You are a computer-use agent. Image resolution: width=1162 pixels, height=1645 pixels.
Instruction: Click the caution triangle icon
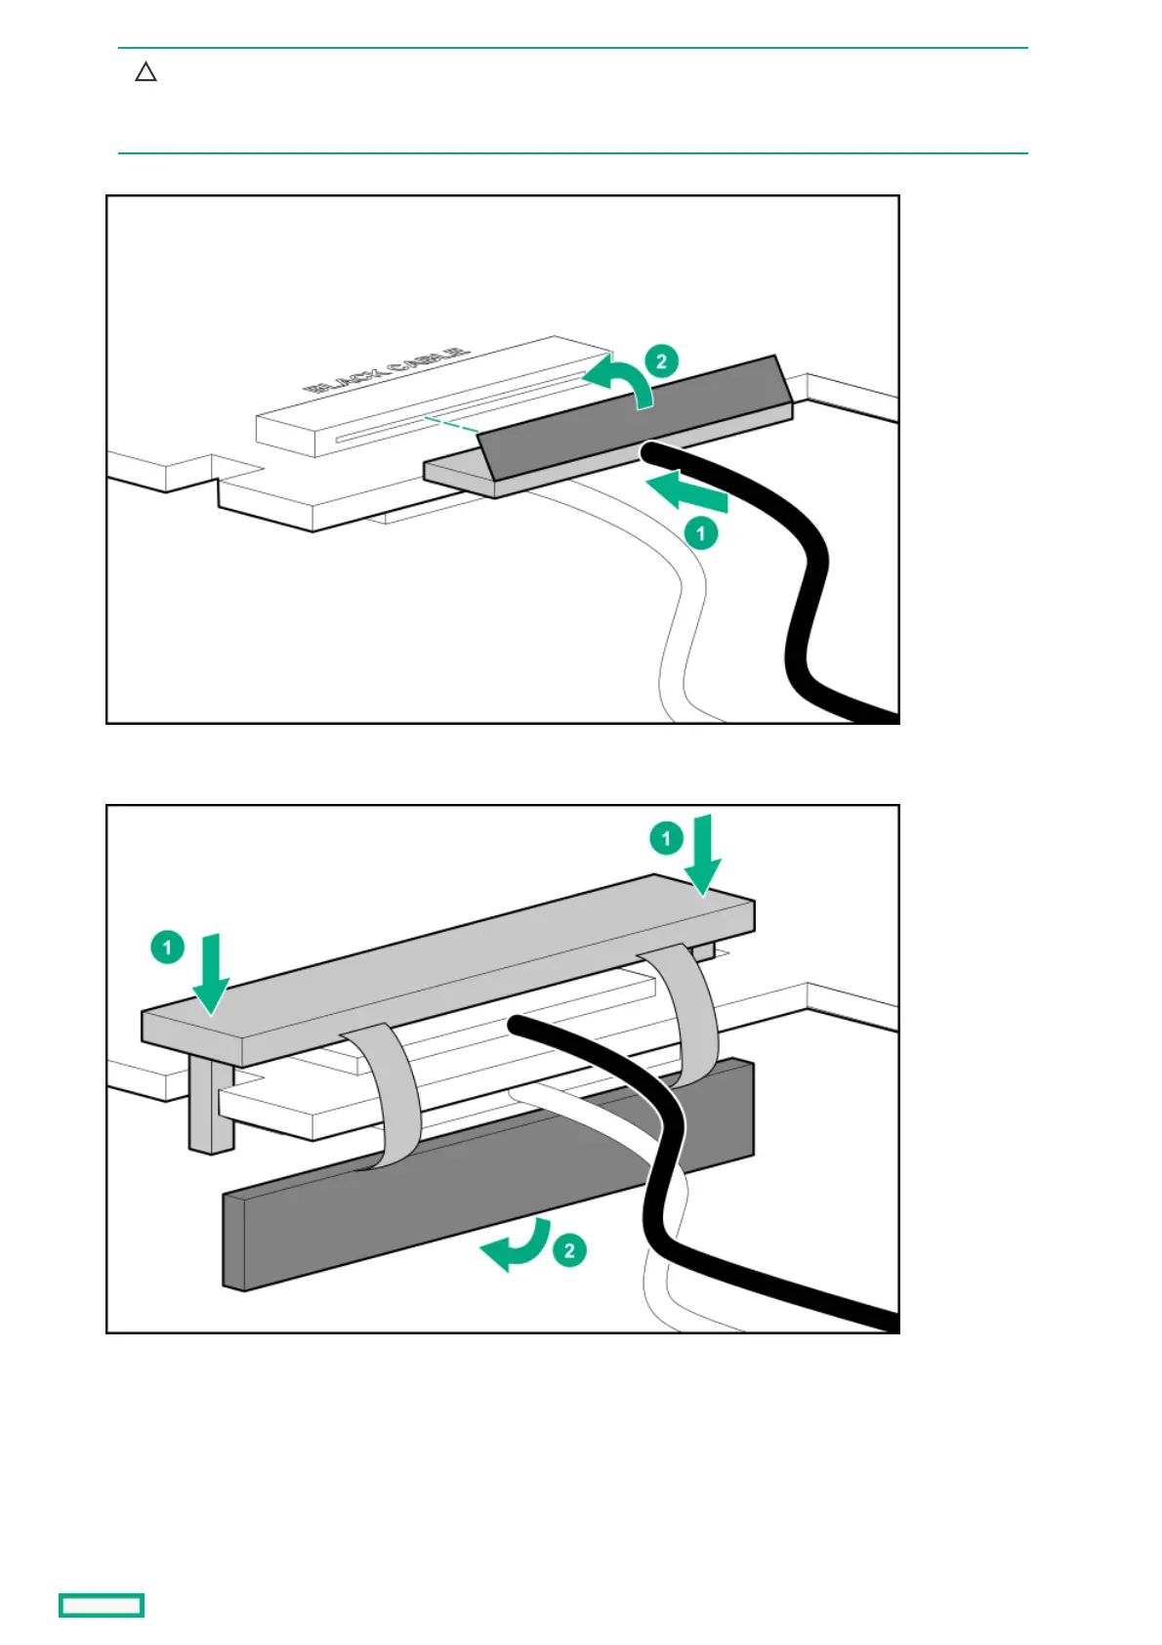145,72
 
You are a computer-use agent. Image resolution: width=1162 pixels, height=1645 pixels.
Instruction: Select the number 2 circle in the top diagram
661,361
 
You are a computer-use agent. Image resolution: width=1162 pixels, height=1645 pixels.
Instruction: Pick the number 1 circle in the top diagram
700,533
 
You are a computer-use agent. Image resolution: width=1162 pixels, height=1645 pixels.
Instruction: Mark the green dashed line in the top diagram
450,424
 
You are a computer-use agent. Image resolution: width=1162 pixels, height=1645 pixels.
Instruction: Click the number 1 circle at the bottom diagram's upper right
666,838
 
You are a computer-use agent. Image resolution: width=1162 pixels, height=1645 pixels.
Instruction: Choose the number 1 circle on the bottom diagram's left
167,948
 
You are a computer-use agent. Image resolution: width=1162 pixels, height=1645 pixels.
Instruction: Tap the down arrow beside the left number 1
211,973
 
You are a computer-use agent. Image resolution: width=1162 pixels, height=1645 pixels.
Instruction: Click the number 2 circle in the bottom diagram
569,1250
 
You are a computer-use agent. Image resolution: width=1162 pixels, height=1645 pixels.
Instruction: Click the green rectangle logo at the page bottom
102,1605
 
